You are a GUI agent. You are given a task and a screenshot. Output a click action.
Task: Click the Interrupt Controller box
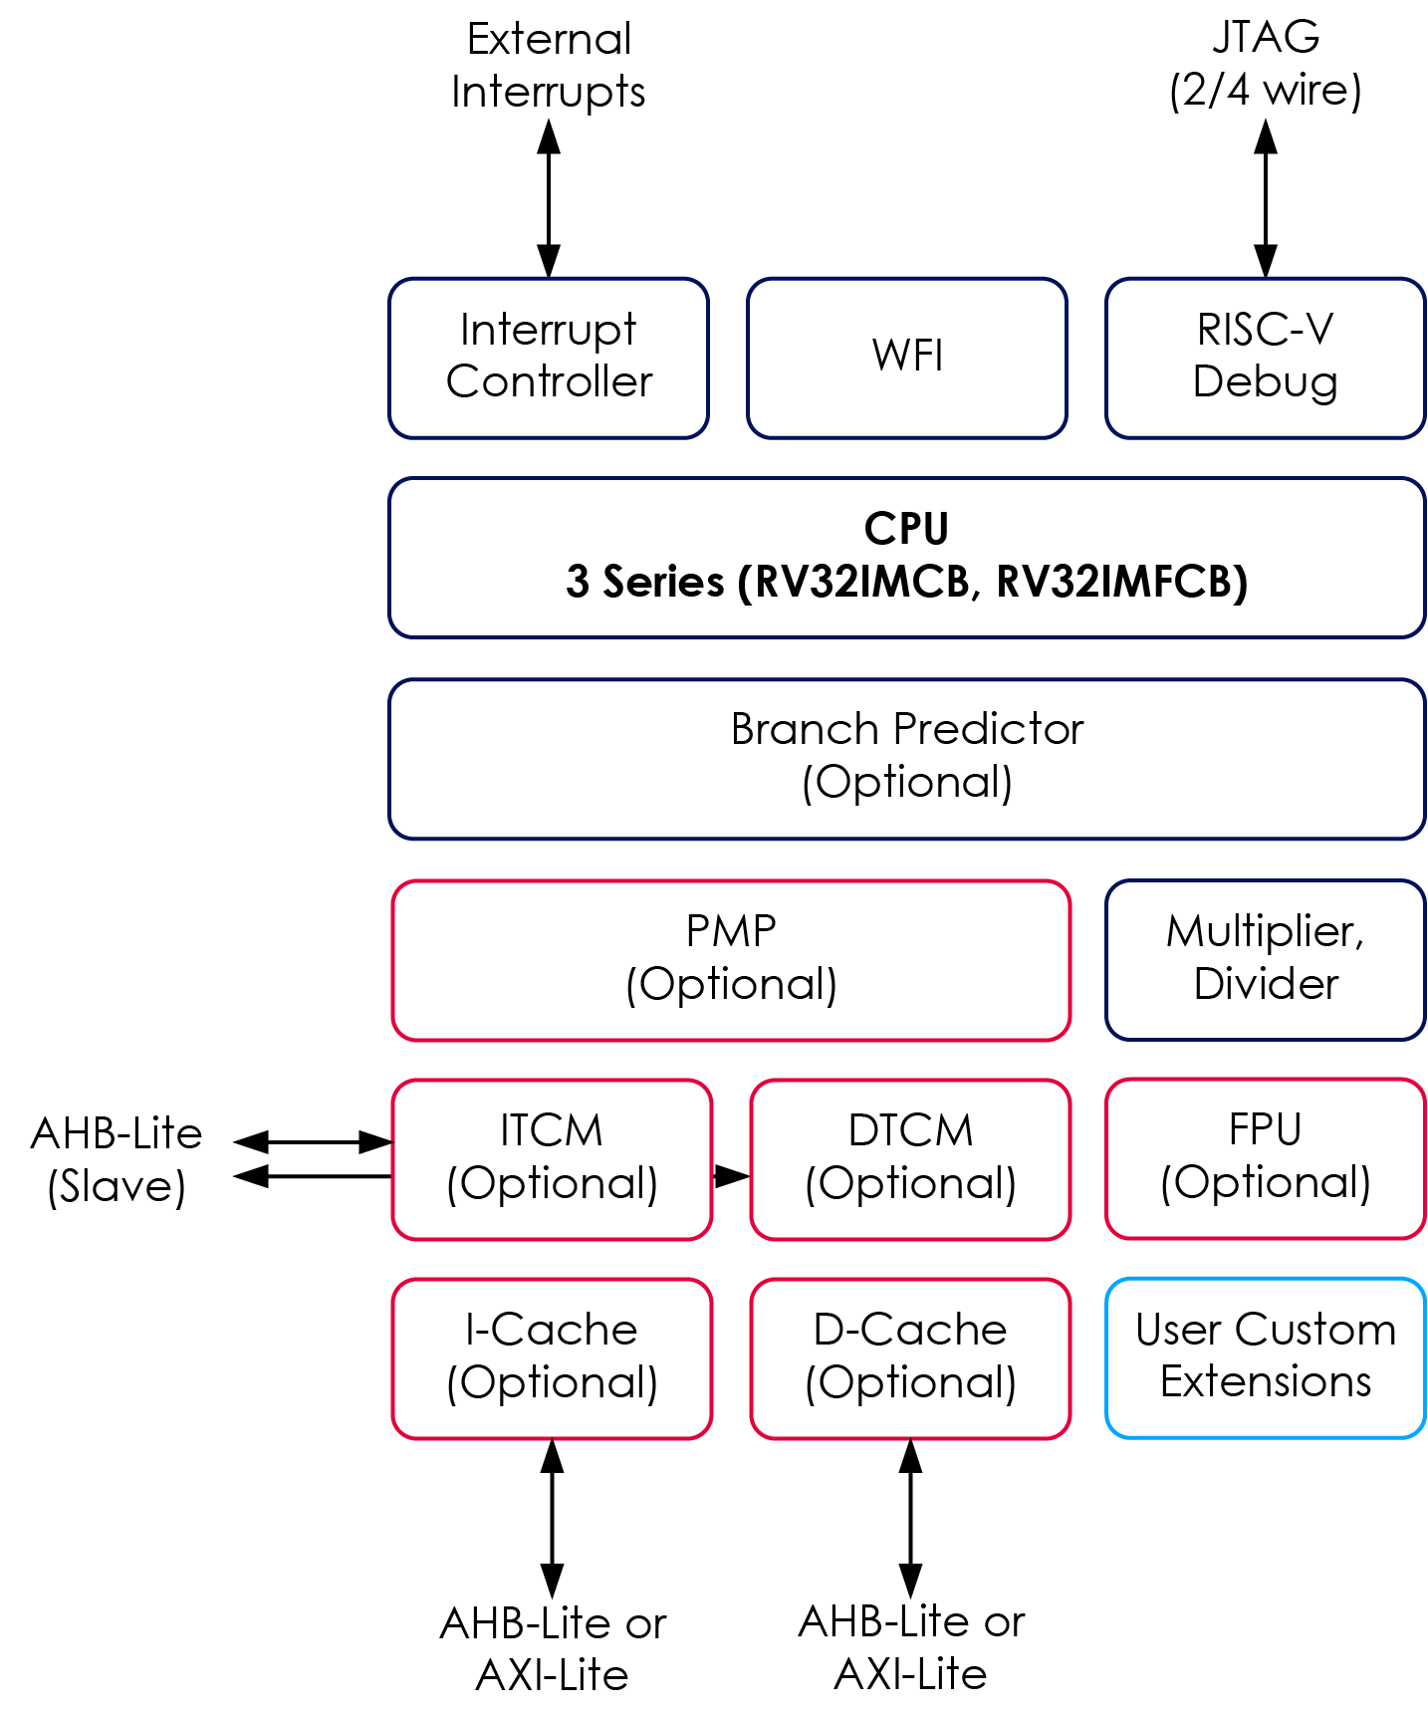coord(549,358)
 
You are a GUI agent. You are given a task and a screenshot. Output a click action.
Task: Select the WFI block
coord(906,358)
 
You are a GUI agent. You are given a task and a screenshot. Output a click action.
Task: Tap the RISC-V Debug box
coord(1265,358)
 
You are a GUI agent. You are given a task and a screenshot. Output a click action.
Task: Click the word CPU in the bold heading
coord(906,529)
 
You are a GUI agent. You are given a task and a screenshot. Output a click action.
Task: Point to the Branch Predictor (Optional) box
coord(906,758)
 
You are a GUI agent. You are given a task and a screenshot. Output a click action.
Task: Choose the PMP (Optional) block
coord(731,959)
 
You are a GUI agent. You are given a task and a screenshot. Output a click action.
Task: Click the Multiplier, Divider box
coord(1265,959)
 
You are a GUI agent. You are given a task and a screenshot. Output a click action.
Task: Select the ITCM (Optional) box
coord(552,1158)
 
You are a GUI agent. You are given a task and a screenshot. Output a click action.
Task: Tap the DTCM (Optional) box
coord(910,1158)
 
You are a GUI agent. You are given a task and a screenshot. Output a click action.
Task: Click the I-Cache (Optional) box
coord(552,1357)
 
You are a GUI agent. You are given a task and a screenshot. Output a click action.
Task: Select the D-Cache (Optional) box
coord(910,1357)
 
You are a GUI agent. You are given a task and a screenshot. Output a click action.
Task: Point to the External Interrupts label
coord(549,66)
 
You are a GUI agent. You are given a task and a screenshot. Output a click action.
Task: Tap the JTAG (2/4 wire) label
coord(1265,64)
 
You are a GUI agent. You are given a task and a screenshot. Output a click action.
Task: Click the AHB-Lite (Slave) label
coord(117,1160)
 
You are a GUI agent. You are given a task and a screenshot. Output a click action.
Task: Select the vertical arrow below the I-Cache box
coord(552,1518)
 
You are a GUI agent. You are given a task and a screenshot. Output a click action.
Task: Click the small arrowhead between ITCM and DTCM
coord(732,1176)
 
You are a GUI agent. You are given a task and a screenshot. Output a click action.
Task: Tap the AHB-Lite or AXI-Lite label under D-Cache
coord(910,1648)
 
